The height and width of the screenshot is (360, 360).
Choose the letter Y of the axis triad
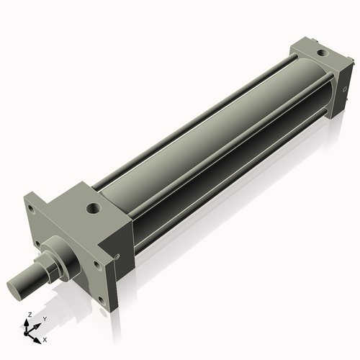45,319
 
